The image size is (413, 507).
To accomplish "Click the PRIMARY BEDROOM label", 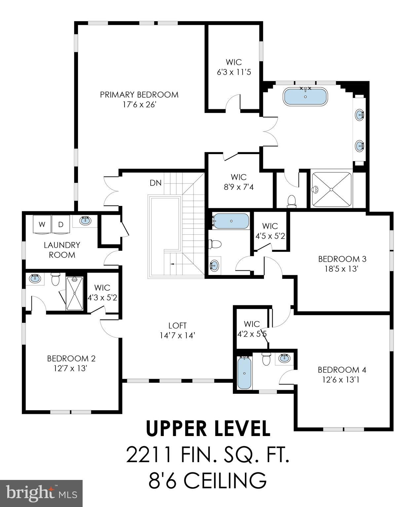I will click(139, 95).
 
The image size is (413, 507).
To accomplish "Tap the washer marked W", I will click(42, 225).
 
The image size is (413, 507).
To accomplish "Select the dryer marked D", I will click(61, 225).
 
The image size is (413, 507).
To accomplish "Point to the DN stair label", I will click(155, 183).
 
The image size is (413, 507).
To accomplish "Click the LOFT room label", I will click(177, 326).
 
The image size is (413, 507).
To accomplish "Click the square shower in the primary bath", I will click(331, 189).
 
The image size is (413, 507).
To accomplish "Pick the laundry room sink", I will click(86, 221).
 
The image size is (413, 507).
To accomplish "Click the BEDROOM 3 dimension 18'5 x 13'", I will click(342, 269).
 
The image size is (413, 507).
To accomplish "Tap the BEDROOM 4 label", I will click(342, 370).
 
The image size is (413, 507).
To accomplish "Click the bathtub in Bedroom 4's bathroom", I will click(244, 373).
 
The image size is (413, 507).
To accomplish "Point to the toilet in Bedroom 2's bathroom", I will click(55, 280).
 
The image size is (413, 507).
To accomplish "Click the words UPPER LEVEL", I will click(208, 428).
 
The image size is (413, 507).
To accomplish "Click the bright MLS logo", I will click(41, 493).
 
